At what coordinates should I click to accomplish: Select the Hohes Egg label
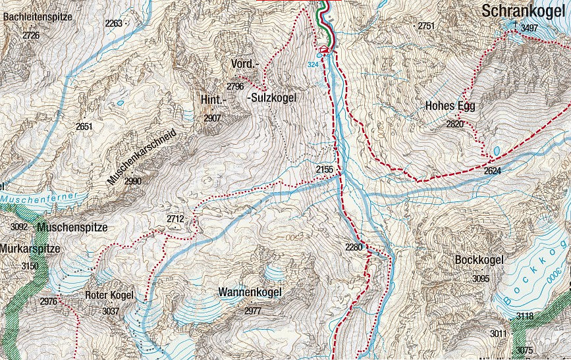[450, 106]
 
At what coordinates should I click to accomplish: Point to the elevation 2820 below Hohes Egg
[454, 124]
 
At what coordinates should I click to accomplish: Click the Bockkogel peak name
[479, 260]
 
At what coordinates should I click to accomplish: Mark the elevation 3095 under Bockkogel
[481, 278]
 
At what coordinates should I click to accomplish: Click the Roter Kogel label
[110, 295]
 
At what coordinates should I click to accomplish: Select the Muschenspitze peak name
[72, 228]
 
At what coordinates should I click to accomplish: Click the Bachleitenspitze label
[38, 17]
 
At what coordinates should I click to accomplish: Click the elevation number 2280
[354, 247]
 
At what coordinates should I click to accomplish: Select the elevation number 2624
[493, 171]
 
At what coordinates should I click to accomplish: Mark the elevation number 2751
[426, 26]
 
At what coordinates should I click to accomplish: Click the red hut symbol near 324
[323, 50]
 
